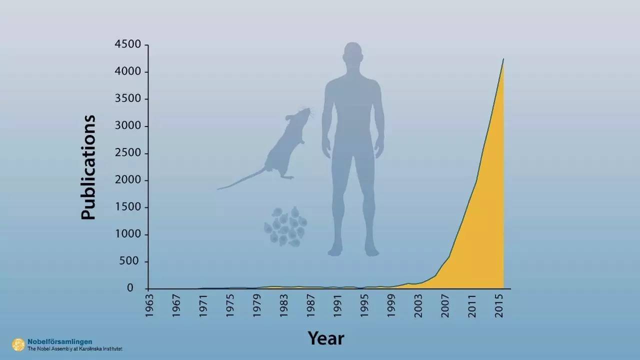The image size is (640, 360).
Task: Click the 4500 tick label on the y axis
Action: tap(127, 44)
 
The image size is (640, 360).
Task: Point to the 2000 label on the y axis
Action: tap(128, 180)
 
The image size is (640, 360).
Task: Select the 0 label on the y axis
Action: tap(130, 288)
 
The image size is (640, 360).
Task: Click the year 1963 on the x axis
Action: tap(149, 305)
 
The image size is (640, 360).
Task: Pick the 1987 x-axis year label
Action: tap(310, 305)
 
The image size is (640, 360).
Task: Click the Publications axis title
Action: tap(88, 167)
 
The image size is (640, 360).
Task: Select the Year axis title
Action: tap(326, 338)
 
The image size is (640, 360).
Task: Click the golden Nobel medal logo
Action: tap(18, 345)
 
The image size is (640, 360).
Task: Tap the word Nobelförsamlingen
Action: tap(59, 341)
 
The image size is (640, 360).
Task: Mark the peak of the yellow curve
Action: tap(503, 59)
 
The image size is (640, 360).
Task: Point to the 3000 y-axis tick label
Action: tap(128, 125)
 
